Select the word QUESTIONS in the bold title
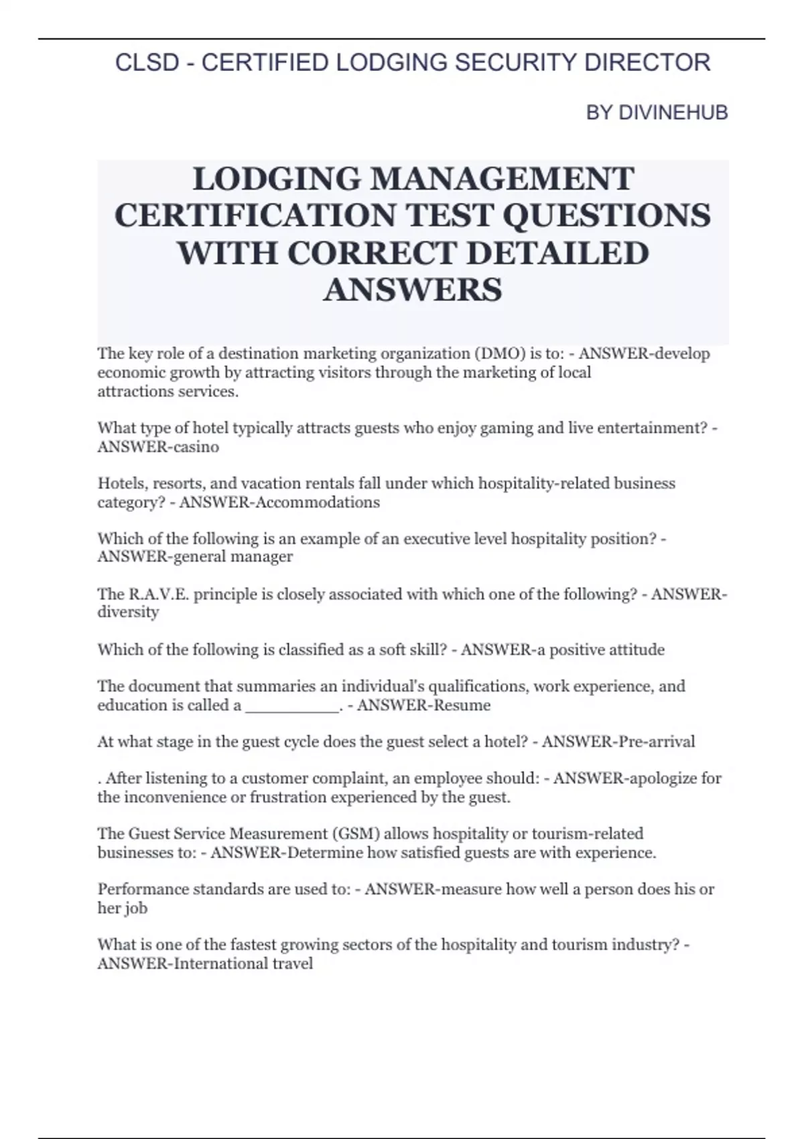[x=606, y=216]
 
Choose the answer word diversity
[x=128, y=612]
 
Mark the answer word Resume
[x=462, y=706]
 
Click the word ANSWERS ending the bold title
[x=413, y=290]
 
